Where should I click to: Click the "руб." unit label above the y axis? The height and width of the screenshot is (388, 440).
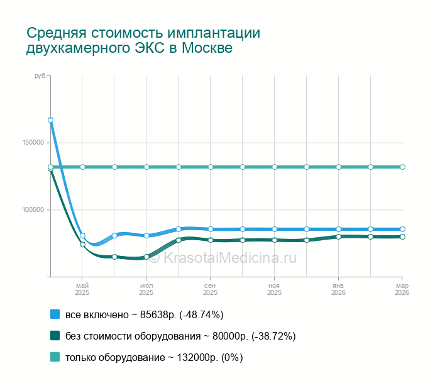click(40, 76)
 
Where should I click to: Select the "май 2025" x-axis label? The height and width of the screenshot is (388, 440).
click(82, 289)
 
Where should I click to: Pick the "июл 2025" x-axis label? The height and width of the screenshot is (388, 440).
click(146, 289)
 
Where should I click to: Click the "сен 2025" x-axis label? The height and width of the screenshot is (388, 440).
click(211, 289)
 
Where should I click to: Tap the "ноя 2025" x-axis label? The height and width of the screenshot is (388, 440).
click(275, 289)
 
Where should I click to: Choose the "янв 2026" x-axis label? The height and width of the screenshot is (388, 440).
click(339, 289)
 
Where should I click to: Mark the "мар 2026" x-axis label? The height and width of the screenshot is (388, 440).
click(402, 289)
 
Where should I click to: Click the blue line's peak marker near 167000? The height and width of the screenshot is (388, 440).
click(50, 119)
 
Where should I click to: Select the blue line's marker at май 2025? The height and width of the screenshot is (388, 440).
click(82, 235)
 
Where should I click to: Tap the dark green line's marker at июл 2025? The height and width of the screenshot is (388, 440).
click(146, 257)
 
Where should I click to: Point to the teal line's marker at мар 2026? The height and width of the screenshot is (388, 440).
click(402, 167)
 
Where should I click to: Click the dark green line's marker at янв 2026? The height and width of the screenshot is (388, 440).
click(339, 236)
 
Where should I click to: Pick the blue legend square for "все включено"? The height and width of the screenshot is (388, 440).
click(55, 314)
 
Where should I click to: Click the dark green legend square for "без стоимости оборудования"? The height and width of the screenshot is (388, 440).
click(55, 336)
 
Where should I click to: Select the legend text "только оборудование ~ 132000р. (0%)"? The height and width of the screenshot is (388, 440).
click(154, 357)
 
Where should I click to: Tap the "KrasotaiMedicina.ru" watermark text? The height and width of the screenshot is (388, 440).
click(229, 257)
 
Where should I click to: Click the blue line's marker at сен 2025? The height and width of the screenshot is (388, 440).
click(211, 229)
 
